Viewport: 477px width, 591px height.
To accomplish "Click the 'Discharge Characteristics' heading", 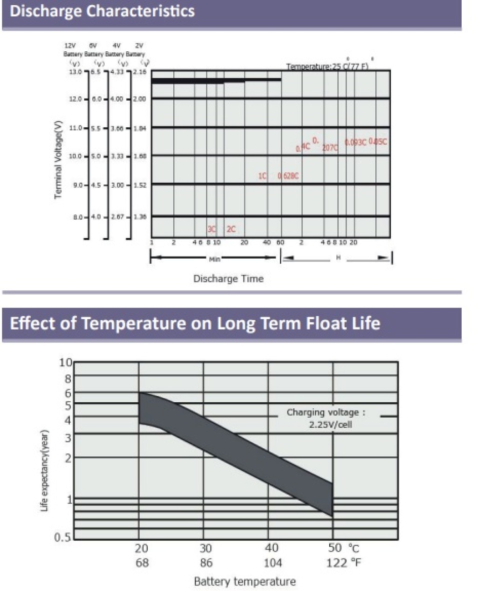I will (102, 11).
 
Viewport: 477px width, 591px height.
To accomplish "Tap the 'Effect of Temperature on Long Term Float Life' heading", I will (195, 323).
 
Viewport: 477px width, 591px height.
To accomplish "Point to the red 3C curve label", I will (212, 229).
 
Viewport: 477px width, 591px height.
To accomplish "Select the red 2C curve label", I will (231, 229).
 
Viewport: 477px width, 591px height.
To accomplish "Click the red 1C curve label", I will (262, 176).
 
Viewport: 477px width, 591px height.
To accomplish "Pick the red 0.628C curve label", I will (288, 176).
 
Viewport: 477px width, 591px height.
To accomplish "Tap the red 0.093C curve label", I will (355, 142).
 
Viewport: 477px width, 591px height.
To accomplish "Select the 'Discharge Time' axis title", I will (228, 279).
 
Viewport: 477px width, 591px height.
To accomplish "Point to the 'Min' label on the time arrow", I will (214, 258).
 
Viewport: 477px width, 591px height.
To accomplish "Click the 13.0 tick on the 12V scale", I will (75, 71).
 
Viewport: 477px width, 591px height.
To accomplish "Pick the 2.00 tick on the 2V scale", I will (139, 99).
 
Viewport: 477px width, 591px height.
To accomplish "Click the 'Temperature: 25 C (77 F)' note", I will (327, 66).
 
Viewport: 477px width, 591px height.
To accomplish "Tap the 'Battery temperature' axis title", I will (245, 581).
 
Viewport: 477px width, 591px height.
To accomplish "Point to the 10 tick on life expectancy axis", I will (66, 363).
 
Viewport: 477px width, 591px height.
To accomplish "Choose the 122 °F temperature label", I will (343, 563).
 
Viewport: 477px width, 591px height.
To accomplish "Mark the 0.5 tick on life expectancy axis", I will (63, 537).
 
